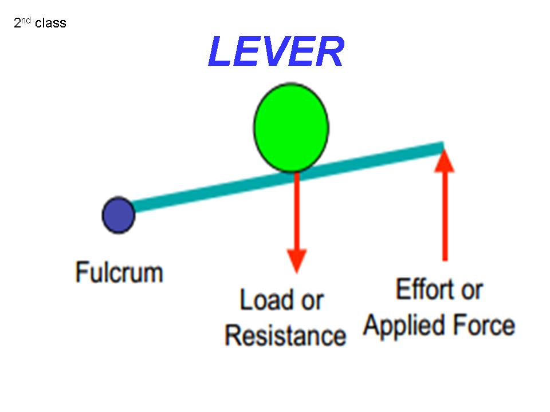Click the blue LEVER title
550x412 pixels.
click(276, 52)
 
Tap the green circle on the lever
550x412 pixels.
click(291, 127)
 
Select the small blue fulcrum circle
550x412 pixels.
click(118, 215)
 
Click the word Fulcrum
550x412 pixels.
click(119, 272)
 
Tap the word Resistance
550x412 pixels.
click(285, 335)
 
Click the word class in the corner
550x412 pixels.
click(50, 23)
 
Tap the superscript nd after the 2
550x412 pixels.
click(25, 21)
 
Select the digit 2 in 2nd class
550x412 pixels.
click(17, 23)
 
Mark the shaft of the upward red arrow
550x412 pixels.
click(445, 217)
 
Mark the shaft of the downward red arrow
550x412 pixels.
click(296, 212)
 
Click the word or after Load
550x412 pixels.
click(312, 300)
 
